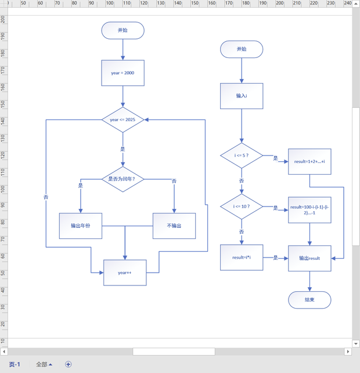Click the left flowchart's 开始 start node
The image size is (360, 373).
pyautogui.click(x=123, y=30)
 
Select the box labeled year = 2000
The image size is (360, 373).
pyautogui.click(x=123, y=73)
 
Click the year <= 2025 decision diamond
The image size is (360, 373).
pyautogui.click(x=123, y=119)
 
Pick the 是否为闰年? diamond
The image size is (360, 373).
pyautogui.click(x=123, y=179)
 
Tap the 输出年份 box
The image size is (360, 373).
pyautogui.click(x=81, y=226)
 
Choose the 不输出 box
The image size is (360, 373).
pyautogui.click(x=174, y=226)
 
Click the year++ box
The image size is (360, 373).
pyautogui.click(x=125, y=273)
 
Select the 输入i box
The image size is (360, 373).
pyautogui.click(x=242, y=96)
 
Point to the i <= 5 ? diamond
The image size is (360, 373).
pyautogui.click(x=242, y=155)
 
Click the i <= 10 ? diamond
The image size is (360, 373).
pyautogui.click(x=242, y=207)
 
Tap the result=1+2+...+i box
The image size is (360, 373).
pyautogui.click(x=309, y=162)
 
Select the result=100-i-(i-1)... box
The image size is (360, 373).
pyautogui.click(x=309, y=210)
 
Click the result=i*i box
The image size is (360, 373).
pyautogui.click(x=242, y=258)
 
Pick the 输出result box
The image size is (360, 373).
pyautogui.click(x=309, y=258)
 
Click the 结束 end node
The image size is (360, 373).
pyautogui.click(x=309, y=300)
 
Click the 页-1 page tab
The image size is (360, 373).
pyautogui.click(x=15, y=364)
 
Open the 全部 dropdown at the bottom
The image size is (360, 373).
pyautogui.click(x=44, y=364)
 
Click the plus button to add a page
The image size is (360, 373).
pyautogui.click(x=68, y=364)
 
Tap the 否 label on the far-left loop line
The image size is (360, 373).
pyautogui.click(x=46, y=197)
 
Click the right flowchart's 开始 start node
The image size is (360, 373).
pyautogui.click(x=242, y=49)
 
